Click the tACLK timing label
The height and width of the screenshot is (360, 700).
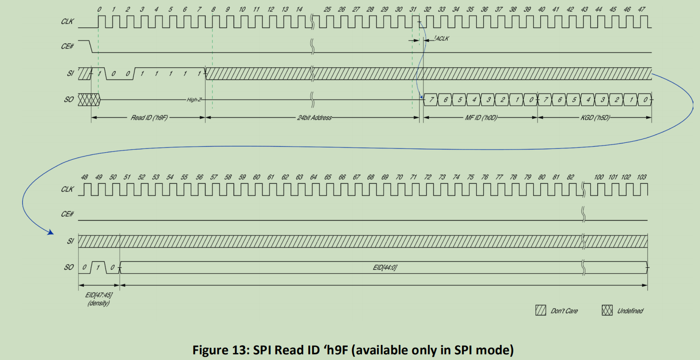click(442, 39)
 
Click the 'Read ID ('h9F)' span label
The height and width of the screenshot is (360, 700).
click(149, 118)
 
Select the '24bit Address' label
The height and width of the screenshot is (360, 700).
click(314, 118)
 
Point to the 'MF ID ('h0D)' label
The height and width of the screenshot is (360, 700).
click(481, 118)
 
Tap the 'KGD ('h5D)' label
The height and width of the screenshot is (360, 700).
click(595, 118)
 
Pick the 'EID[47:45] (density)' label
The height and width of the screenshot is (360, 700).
click(98, 299)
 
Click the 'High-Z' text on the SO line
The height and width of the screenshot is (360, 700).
click(194, 100)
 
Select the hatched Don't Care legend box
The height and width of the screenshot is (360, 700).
click(541, 311)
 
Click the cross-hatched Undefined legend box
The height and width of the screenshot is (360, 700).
click(607, 311)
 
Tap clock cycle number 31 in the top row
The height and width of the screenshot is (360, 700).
click(413, 9)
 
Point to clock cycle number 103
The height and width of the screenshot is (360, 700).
click(642, 177)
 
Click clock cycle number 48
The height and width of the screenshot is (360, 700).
click(84, 177)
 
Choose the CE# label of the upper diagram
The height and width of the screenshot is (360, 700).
click(67, 49)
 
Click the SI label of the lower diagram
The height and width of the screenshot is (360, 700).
click(70, 241)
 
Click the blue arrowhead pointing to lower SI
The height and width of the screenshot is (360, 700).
click(50, 231)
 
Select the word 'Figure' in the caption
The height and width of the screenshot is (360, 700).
click(207, 351)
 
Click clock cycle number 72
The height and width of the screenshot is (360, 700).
click(428, 177)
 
